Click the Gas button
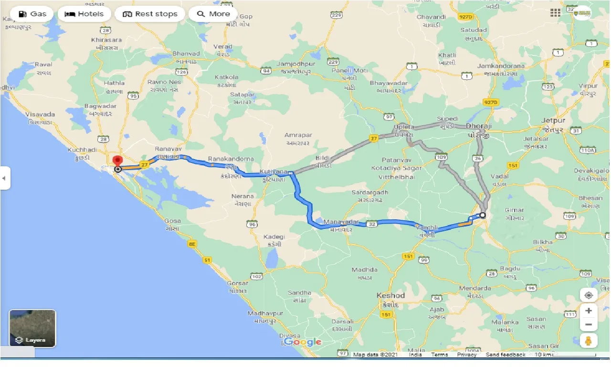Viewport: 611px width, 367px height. pos(32,14)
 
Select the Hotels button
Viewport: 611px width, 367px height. pos(84,14)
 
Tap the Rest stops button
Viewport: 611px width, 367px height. pos(150,14)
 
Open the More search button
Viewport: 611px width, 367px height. pos(213,14)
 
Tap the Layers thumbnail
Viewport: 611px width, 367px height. pos(32,328)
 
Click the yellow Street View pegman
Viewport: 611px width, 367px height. pos(589,341)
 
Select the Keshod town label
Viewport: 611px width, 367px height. pos(390,295)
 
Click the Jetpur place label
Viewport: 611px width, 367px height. pos(554,121)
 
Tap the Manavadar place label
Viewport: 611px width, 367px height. pos(341,222)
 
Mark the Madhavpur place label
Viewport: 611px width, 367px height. pos(265,313)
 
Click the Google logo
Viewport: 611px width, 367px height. pos(303,342)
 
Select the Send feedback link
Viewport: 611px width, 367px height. pos(505,355)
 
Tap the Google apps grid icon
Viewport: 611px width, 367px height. pos(555,13)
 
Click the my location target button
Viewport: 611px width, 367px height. pos(589,295)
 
